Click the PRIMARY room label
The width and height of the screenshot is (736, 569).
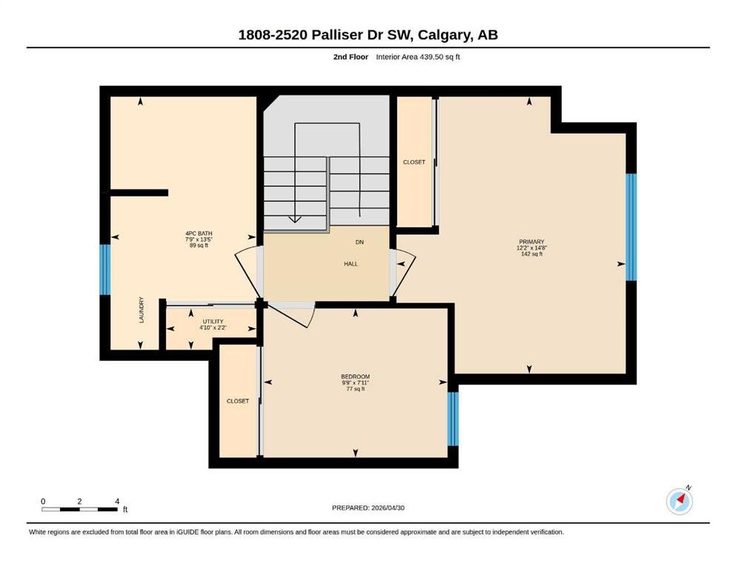(531, 242)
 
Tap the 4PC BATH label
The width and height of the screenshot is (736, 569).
(199, 233)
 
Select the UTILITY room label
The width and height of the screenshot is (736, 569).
(213, 322)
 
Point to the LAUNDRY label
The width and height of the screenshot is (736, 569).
(142, 310)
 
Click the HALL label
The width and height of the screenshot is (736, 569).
(351, 264)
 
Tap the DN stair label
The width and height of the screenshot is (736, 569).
(359, 242)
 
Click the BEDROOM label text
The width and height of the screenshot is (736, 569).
(355, 376)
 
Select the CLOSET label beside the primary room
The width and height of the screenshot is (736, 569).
(414, 162)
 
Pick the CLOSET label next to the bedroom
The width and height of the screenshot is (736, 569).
(237, 401)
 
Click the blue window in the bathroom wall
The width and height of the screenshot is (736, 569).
(105, 269)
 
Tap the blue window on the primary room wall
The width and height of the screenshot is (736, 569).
(631, 227)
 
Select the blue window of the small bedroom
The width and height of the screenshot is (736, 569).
(453, 419)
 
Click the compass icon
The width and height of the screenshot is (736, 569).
(679, 501)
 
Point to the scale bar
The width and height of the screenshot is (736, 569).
(79, 509)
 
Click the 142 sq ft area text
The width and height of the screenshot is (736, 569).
(531, 254)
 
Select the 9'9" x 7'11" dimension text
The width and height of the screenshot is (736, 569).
(355, 382)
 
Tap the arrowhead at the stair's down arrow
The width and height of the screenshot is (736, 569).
(295, 219)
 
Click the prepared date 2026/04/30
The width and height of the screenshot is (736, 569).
(388, 508)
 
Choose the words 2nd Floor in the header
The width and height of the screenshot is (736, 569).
(351, 57)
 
